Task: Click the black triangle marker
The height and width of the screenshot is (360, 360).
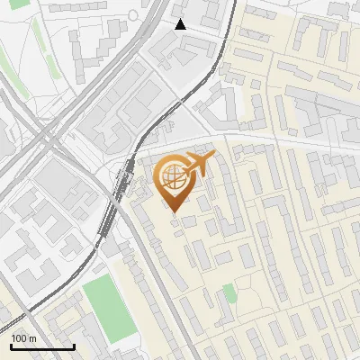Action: [x=181, y=24]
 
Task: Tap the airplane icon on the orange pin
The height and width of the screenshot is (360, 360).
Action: [x=197, y=166]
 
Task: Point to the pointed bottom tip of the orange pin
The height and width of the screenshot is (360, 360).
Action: [x=174, y=213]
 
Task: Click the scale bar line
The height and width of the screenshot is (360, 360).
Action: [x=42, y=346]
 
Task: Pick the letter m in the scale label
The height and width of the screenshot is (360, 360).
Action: [x=32, y=339]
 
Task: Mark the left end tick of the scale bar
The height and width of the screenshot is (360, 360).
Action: [x=12, y=345]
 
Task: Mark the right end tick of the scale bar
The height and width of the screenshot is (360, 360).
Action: [x=74, y=345]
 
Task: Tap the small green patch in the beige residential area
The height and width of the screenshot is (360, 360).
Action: [x=229, y=292]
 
